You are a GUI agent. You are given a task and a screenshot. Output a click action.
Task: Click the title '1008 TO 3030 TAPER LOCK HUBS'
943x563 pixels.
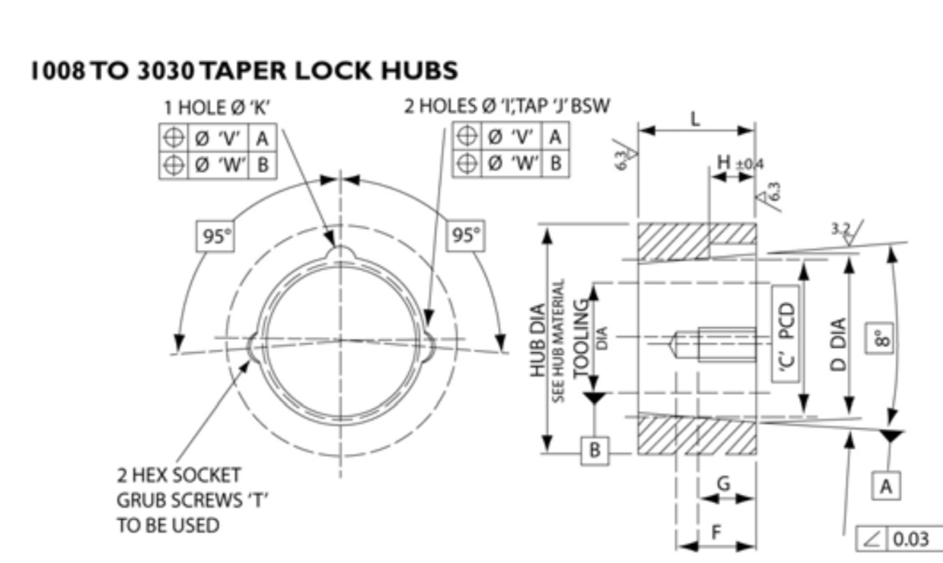[244, 71]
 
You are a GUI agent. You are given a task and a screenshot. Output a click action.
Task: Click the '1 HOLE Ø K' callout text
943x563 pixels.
[218, 108]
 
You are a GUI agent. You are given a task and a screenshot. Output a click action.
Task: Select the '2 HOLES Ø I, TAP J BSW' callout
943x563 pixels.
[508, 107]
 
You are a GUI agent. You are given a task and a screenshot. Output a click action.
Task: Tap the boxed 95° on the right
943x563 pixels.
[466, 236]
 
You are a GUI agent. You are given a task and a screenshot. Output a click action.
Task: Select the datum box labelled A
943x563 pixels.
[886, 485]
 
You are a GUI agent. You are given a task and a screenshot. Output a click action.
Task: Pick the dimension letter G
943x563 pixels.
[722, 483]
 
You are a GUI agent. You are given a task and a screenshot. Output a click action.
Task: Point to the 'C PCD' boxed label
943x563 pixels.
[787, 334]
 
